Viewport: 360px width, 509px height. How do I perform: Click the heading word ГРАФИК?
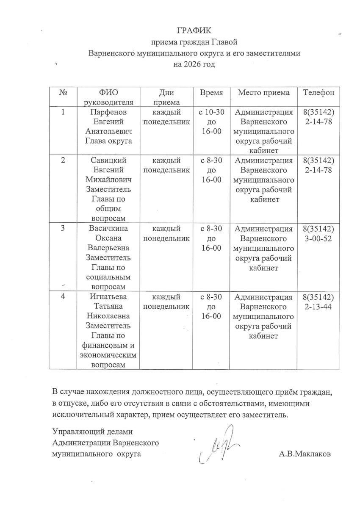[x=194, y=30]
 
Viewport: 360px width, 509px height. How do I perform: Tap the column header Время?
[x=211, y=93]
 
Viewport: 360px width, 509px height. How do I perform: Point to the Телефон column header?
[x=319, y=93]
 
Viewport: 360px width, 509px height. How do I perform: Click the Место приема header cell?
[x=264, y=93]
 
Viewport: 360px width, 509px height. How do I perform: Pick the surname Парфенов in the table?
[x=109, y=112]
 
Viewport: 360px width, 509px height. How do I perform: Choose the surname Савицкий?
[x=109, y=160]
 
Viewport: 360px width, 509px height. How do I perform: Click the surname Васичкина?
[x=109, y=229]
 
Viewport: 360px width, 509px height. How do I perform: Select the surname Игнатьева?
[x=109, y=297]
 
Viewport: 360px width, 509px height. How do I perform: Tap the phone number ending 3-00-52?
[x=318, y=239]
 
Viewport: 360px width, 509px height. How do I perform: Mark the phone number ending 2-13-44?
[x=318, y=307]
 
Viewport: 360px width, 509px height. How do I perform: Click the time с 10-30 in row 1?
[x=211, y=112]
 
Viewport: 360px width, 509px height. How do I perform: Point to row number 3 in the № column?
[x=63, y=229]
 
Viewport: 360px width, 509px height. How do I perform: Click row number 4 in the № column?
[x=63, y=296]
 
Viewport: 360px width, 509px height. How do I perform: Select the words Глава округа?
[x=109, y=141]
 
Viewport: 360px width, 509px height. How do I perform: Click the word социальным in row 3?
[x=109, y=277]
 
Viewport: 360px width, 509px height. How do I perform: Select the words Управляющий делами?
[x=92, y=432]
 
